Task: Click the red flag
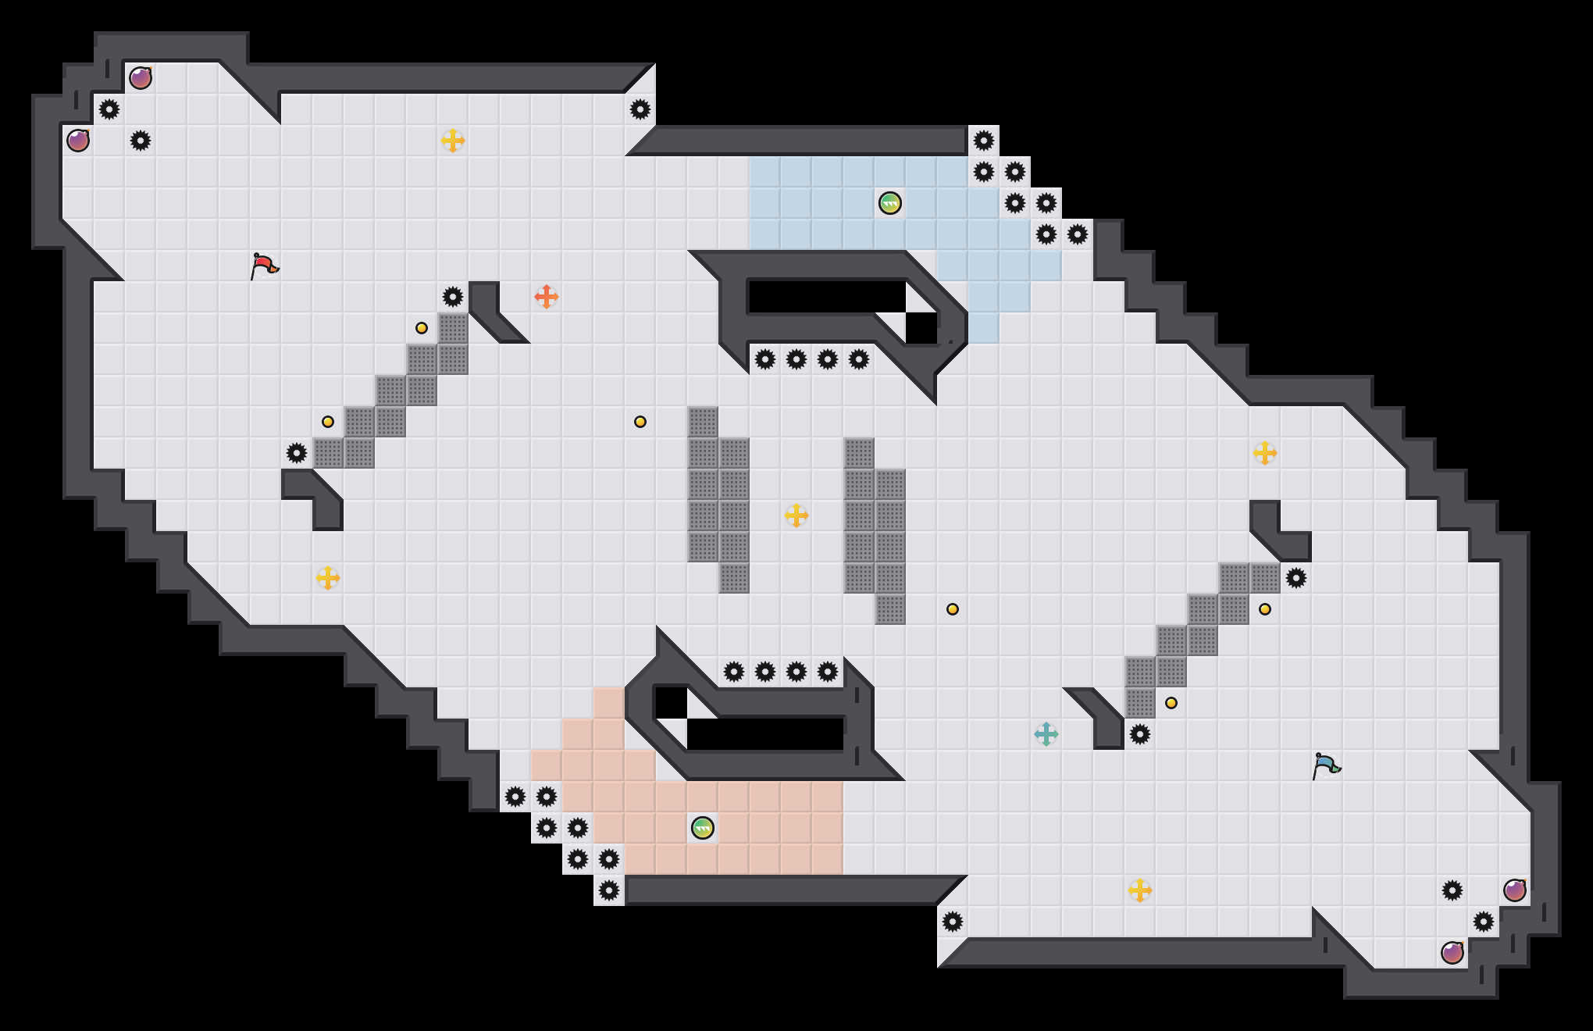(264, 266)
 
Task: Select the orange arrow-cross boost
(547, 297)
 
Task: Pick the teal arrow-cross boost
(1046, 734)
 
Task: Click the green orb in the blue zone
(890, 203)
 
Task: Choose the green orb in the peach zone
(703, 828)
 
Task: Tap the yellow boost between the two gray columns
(796, 515)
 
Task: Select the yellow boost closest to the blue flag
(1140, 890)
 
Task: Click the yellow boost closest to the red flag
(453, 141)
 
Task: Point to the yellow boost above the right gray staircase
(1265, 453)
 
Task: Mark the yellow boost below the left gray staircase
(328, 578)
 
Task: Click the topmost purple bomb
(141, 78)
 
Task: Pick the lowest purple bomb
(1452, 953)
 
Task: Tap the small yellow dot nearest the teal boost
(1171, 703)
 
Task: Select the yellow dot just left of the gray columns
(640, 422)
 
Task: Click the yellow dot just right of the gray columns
(953, 609)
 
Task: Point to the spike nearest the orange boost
(453, 297)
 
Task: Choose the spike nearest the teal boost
(1140, 734)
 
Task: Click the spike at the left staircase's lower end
(297, 453)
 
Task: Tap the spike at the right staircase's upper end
(1296, 578)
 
